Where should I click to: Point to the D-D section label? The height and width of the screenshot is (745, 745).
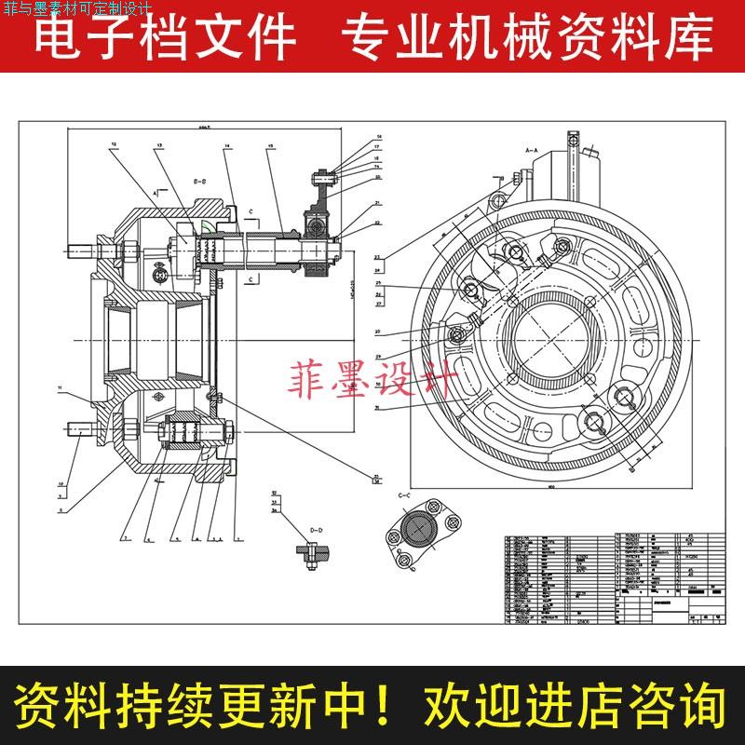(x=315, y=530)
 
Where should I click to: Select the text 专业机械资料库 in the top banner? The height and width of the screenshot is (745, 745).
(x=527, y=39)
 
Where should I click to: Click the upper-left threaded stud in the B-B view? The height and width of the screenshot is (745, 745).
(x=90, y=251)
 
